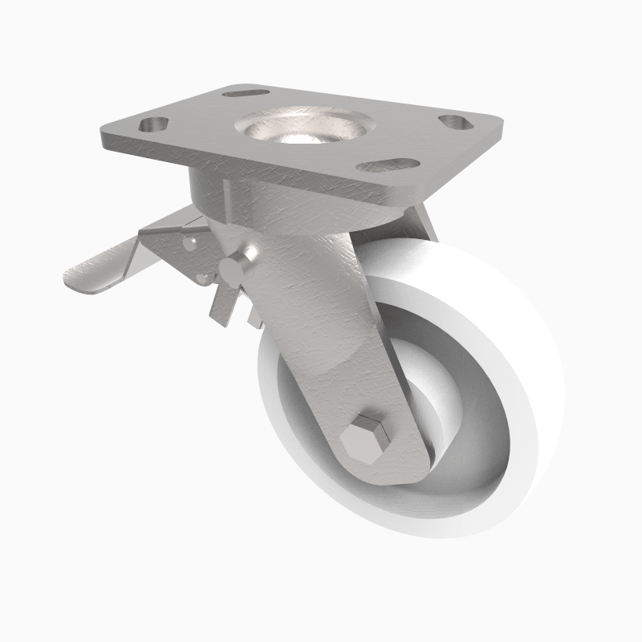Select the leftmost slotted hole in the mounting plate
click(x=153, y=125)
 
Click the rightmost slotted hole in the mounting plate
click(x=455, y=122)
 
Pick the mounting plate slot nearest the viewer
click(x=388, y=165)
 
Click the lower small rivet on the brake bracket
click(x=204, y=278)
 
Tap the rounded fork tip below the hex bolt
click(x=385, y=473)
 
